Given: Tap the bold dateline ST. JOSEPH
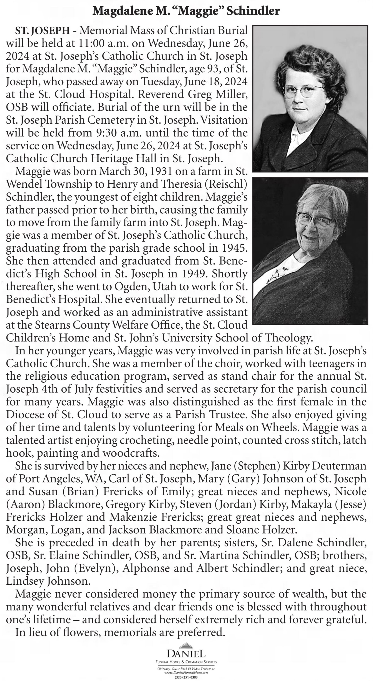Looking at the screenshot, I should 42,31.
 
